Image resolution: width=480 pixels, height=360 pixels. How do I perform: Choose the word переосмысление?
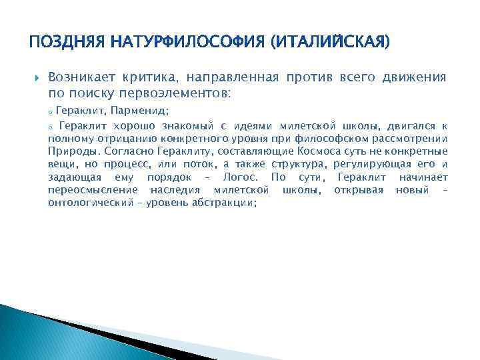94,190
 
